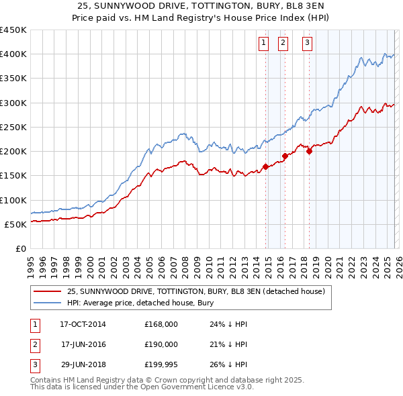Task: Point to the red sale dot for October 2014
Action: coord(265,167)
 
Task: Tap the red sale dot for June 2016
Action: coord(285,156)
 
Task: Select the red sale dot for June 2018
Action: coord(309,151)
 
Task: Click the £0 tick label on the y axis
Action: coord(21,248)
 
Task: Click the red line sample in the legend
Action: coord(47,291)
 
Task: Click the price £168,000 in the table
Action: coord(161,324)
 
